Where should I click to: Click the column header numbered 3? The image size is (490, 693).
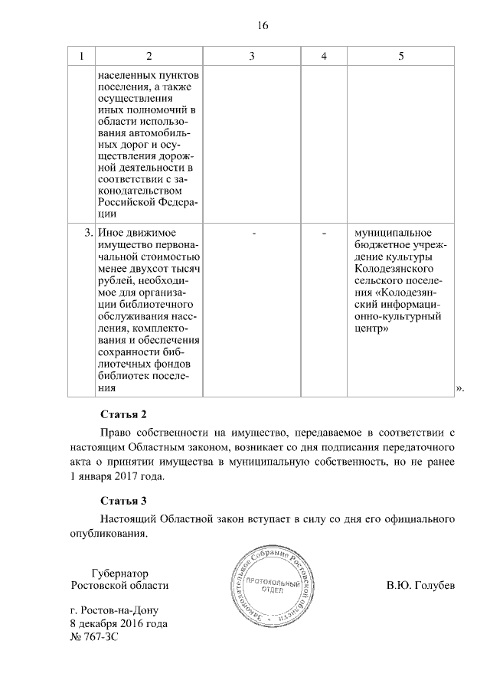pos(252,57)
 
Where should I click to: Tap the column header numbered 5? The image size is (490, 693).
pos(401,57)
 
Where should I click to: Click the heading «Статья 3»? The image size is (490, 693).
pos(123,502)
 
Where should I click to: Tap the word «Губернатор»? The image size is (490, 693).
pos(119,573)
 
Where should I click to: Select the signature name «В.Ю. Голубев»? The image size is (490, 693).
pos(420,586)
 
